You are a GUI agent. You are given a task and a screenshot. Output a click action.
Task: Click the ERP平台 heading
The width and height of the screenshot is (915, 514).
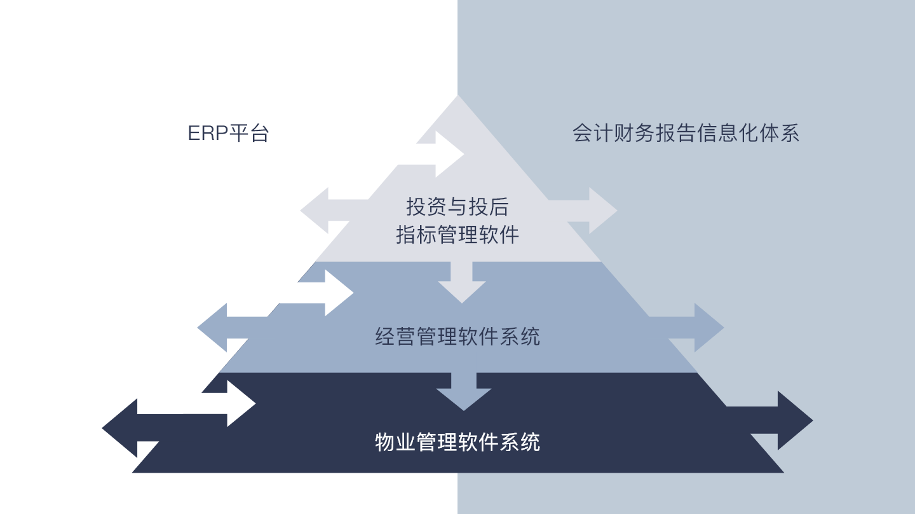point(228,133)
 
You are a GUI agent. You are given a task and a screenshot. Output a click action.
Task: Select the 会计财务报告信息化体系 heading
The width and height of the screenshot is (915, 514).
point(686,133)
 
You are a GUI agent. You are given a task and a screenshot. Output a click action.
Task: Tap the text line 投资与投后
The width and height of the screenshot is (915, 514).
point(457,207)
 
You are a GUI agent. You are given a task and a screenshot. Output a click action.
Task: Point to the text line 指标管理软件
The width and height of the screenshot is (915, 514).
point(457,235)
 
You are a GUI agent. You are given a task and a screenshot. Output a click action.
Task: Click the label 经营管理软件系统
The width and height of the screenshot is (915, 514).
point(457,337)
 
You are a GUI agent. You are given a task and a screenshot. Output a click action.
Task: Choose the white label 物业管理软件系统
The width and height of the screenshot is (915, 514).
point(457,442)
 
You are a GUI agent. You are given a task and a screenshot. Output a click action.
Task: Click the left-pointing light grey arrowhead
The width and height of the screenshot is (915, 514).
point(315,211)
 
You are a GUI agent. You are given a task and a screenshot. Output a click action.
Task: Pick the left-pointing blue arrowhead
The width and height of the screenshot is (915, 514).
point(212,328)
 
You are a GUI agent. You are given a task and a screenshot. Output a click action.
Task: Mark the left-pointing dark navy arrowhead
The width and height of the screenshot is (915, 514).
point(119,428)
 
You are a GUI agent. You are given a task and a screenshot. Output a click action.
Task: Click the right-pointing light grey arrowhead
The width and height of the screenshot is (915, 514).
point(603,211)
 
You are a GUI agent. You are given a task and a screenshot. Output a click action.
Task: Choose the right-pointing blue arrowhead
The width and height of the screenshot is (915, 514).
point(709,328)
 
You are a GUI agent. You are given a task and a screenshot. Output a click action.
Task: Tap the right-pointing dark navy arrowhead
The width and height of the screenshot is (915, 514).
point(795,420)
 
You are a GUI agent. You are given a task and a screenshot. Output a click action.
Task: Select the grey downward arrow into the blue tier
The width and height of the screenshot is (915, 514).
point(461,282)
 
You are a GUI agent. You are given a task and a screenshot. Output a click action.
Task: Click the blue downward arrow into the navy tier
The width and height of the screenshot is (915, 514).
point(464,391)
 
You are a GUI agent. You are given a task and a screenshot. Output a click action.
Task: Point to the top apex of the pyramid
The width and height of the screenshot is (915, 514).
point(457,95)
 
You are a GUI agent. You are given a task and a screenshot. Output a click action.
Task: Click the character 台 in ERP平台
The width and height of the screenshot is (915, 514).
point(259,133)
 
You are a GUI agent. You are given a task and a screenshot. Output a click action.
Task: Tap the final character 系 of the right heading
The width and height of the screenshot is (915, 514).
point(790,133)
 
